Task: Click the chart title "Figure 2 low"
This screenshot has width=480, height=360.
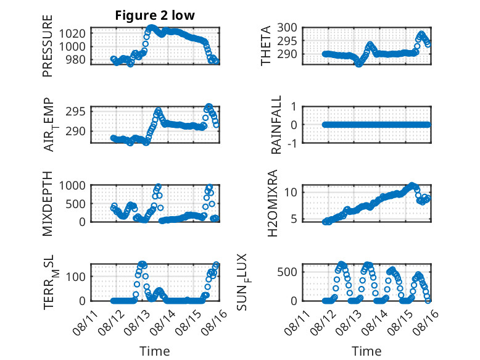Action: click(x=155, y=15)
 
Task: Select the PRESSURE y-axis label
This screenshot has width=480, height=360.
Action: click(x=48, y=46)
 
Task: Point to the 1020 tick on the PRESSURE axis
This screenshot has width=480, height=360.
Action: click(x=72, y=33)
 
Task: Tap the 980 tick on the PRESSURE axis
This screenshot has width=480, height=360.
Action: click(x=76, y=59)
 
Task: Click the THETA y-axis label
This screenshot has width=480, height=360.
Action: click(x=266, y=46)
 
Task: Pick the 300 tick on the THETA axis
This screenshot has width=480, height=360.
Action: click(x=287, y=28)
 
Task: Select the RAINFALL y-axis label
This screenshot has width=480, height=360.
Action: click(x=276, y=125)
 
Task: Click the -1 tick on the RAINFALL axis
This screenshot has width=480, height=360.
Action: click(x=292, y=143)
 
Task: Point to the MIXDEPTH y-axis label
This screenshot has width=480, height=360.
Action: click(x=48, y=204)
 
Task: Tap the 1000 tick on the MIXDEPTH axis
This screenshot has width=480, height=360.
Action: click(x=72, y=185)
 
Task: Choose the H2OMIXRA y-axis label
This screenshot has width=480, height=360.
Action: click(x=273, y=203)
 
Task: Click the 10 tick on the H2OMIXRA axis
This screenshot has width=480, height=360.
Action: click(x=291, y=193)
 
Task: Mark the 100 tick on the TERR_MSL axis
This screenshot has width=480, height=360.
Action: click(x=76, y=277)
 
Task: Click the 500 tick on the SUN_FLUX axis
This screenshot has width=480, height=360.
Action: click(x=287, y=272)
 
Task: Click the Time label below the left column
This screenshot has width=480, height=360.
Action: click(x=155, y=351)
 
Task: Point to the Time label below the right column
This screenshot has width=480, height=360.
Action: click(x=366, y=351)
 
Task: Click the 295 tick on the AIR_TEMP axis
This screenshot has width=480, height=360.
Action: click(x=76, y=112)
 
